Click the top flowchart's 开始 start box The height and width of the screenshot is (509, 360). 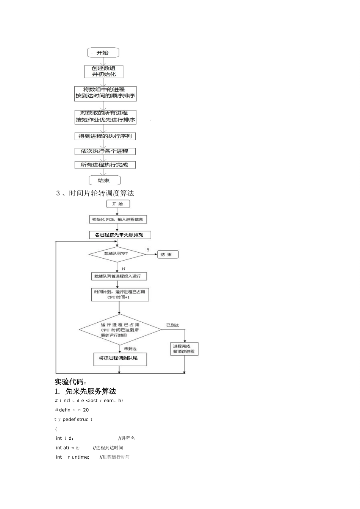103,53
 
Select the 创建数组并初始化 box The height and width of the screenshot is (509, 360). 103,72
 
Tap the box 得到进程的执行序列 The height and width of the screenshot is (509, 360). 105,136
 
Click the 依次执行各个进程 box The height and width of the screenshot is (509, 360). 105,151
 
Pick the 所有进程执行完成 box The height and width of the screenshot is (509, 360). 105,165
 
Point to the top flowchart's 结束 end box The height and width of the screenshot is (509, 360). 104,180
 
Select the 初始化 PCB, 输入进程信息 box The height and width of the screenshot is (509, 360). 117,219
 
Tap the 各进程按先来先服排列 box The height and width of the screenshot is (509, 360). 120,235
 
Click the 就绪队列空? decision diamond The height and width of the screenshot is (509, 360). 117,254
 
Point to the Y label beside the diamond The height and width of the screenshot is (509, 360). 148,250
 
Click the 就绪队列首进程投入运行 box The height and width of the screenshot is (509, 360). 119,276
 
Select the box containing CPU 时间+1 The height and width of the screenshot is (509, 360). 120,295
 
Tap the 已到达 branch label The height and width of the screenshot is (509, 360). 172,325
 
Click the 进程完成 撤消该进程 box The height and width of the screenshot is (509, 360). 184,349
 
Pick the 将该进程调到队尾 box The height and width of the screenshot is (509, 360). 120,358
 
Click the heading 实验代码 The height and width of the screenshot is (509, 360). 70,382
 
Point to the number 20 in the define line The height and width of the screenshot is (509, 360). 86,410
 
